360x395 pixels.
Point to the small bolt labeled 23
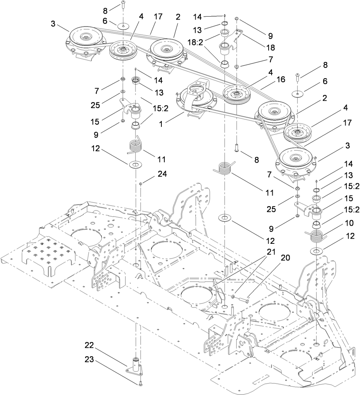pos(141,385)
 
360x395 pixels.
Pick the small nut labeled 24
pos(140,183)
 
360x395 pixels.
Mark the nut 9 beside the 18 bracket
pos(237,18)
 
